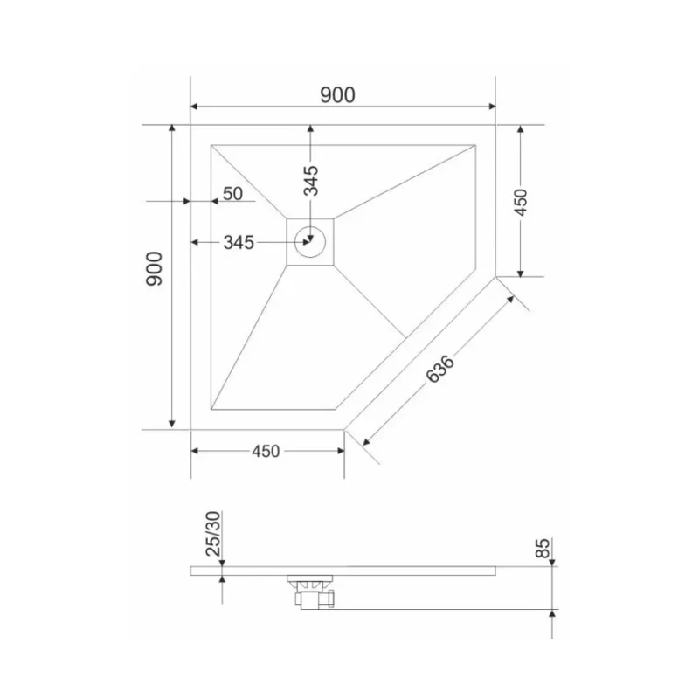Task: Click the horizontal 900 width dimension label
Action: click(336, 95)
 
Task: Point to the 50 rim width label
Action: click(232, 193)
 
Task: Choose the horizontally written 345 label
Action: click(239, 243)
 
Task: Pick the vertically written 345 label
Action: click(311, 180)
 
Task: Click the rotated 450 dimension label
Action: click(520, 202)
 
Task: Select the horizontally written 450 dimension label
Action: click(266, 451)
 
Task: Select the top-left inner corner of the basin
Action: click(211, 145)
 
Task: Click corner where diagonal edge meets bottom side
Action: click(344, 430)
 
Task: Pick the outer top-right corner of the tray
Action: click(495, 125)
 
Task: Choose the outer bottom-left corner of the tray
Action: click(190, 430)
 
